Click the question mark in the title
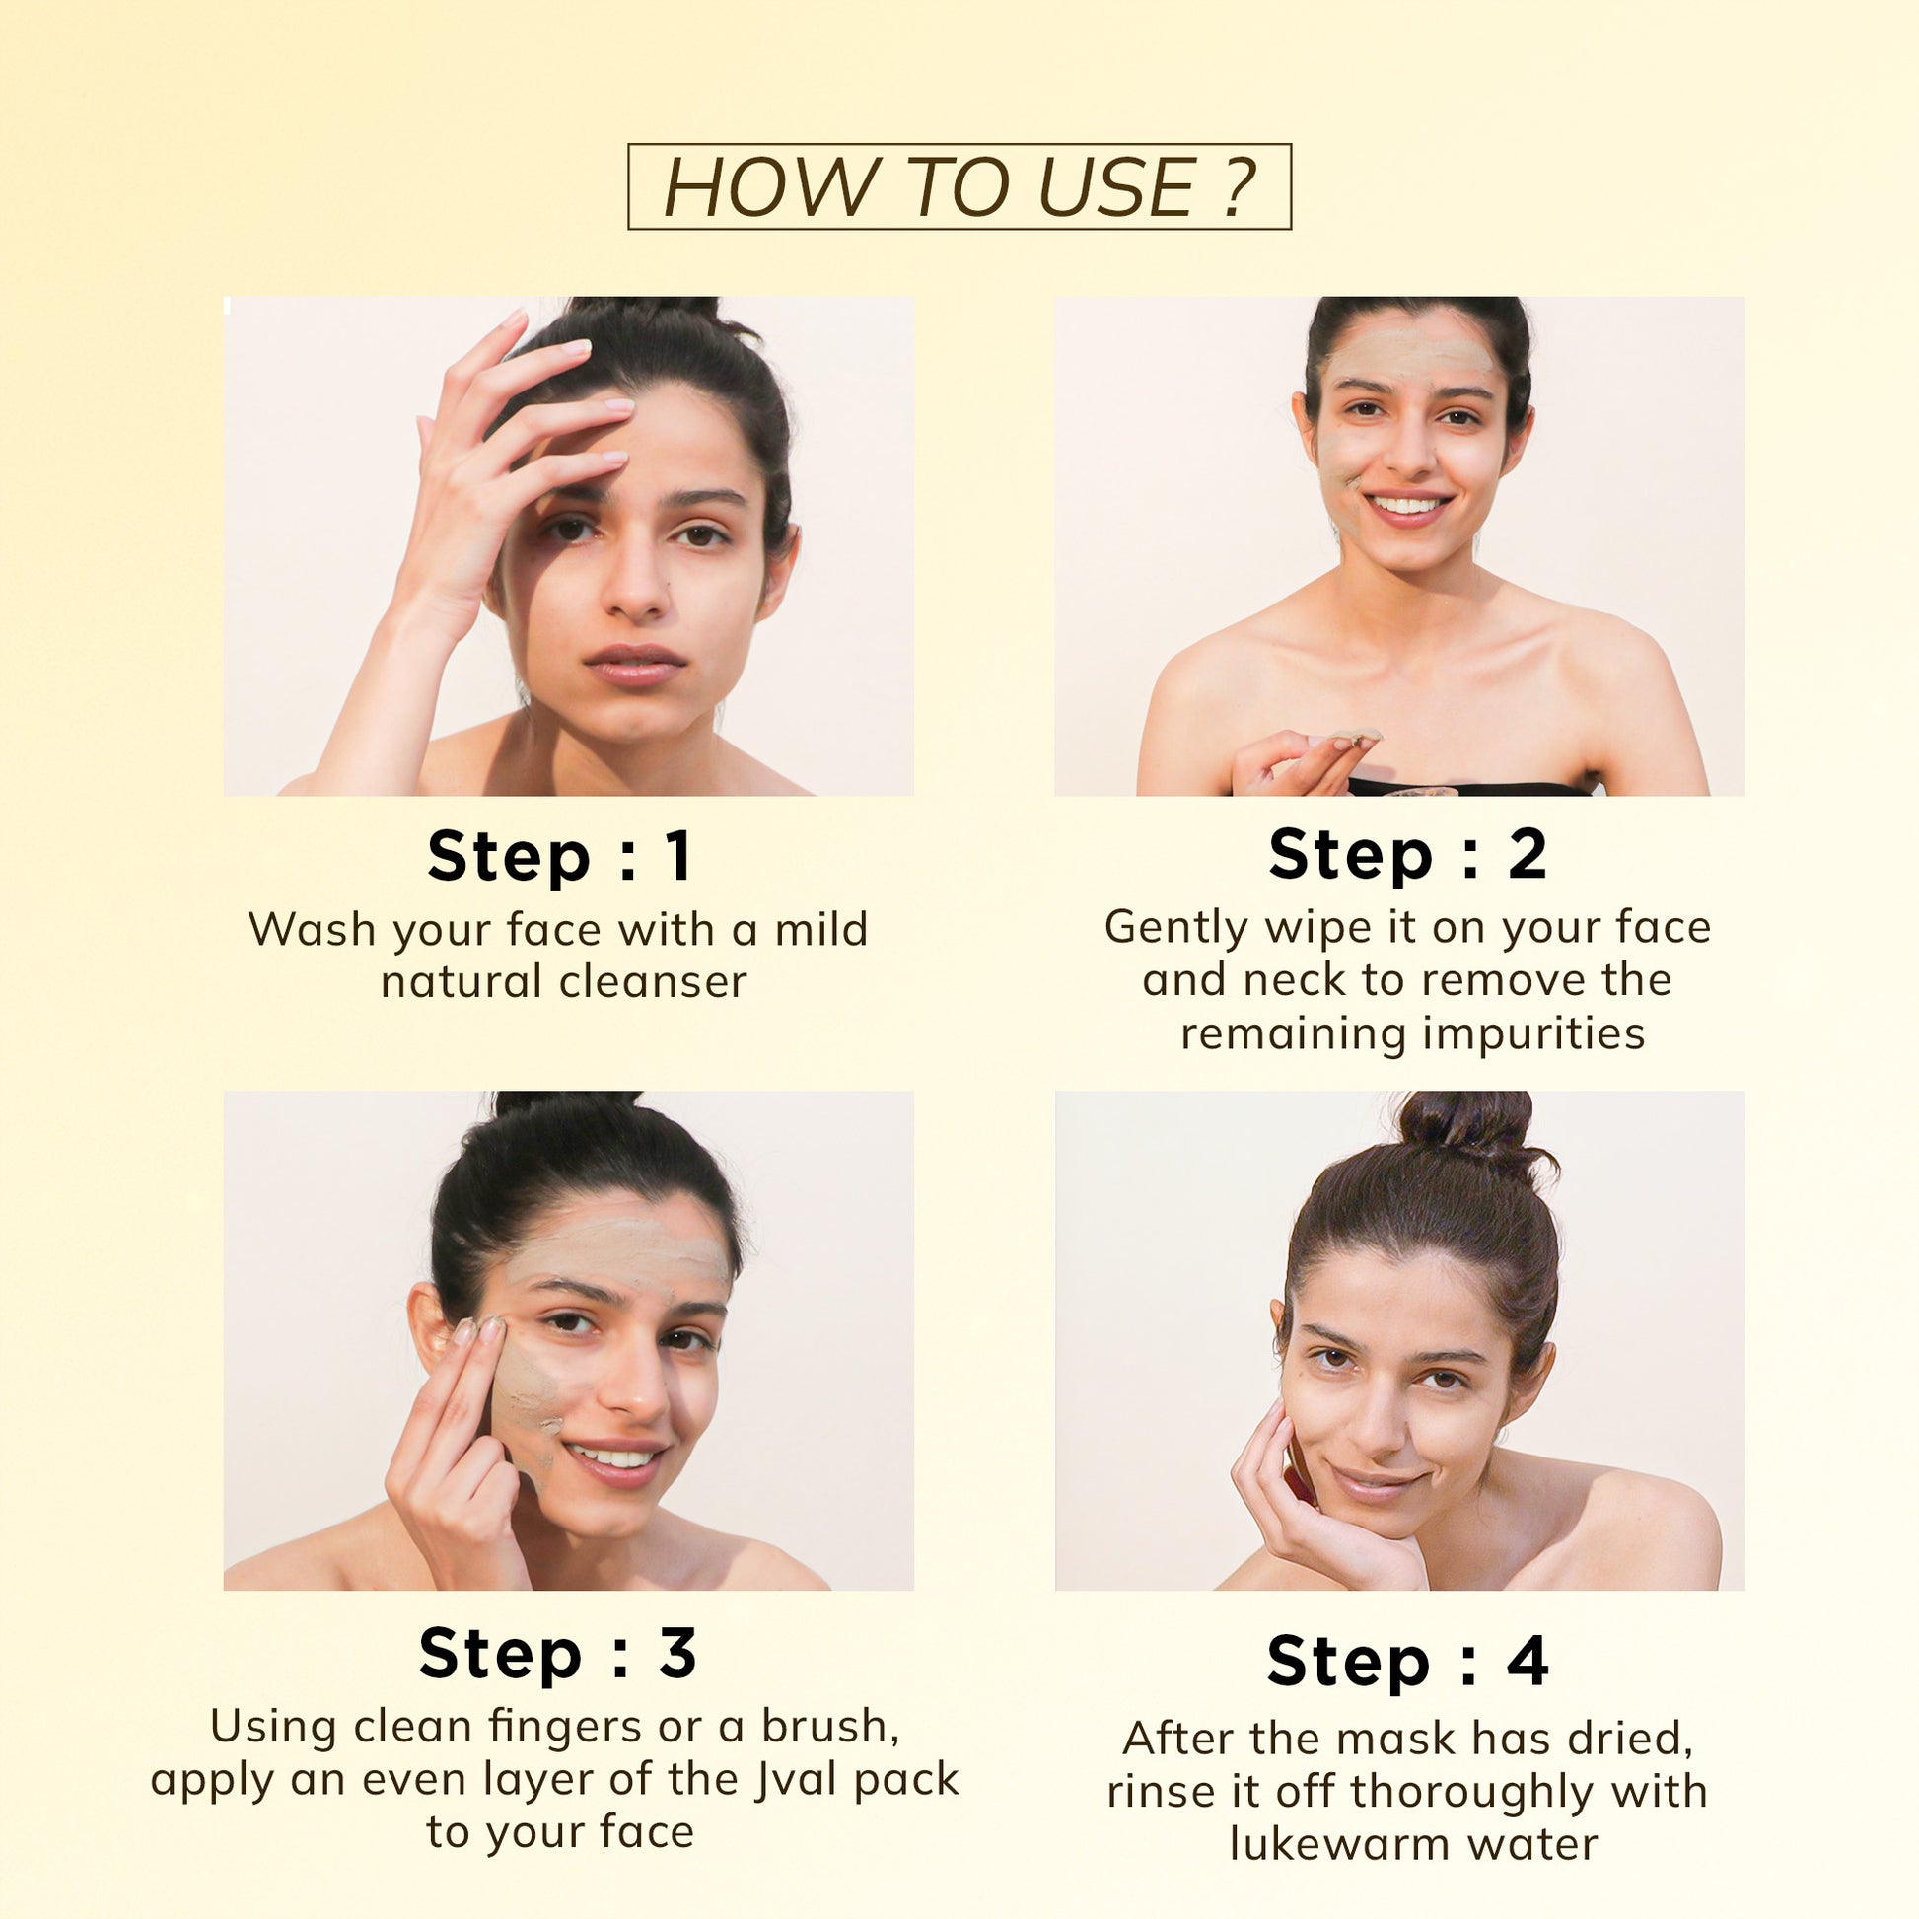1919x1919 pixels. (x=1237, y=186)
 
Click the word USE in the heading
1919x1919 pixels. (x=1115, y=186)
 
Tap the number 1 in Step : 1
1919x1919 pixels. (x=679, y=855)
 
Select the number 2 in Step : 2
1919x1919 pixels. (x=1527, y=853)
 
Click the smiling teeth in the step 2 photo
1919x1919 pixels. (x=1407, y=506)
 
